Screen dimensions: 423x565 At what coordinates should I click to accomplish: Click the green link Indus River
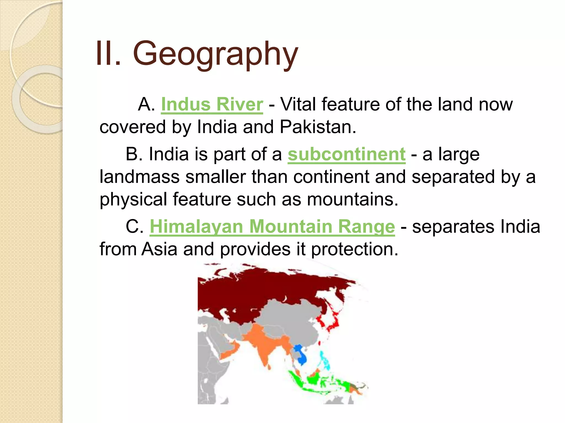coord(212,105)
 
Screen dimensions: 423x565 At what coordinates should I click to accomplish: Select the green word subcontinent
coord(347,154)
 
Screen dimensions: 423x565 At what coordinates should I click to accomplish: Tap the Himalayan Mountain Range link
coord(272,227)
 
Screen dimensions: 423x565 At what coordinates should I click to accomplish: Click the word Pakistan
coord(318,127)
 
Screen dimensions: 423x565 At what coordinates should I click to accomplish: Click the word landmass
coord(139,177)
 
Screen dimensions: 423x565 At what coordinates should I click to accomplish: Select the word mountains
coord(352,199)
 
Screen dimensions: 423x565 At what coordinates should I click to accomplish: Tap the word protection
coord(355,250)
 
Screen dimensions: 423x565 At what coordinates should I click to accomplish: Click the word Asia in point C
coord(159,249)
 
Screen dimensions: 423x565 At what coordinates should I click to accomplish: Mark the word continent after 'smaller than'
coord(331,177)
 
